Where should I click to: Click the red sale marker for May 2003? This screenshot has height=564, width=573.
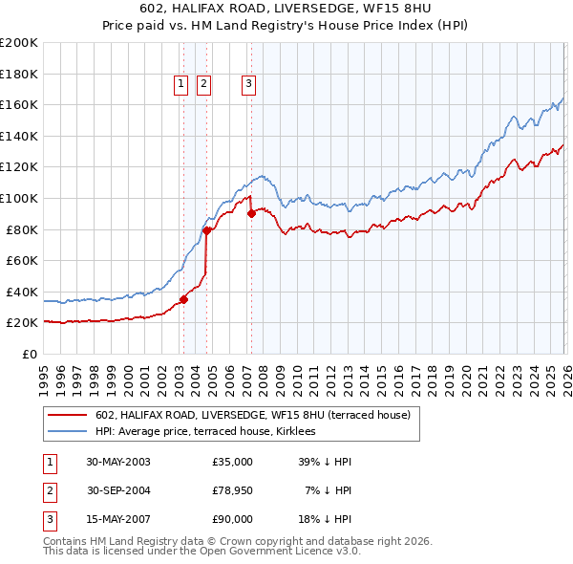click(x=184, y=299)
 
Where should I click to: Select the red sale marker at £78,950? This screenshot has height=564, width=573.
click(x=206, y=230)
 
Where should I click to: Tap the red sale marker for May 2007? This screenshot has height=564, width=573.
click(x=251, y=213)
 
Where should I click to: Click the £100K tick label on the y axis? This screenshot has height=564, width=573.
click(x=19, y=198)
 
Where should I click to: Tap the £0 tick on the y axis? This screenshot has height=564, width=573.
click(x=30, y=354)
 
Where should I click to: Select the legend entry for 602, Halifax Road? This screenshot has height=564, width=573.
click(x=252, y=415)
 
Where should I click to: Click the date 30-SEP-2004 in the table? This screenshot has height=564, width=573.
click(x=118, y=490)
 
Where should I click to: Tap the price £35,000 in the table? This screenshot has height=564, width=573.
click(x=233, y=462)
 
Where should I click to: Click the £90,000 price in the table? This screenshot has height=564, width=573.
click(x=233, y=519)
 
